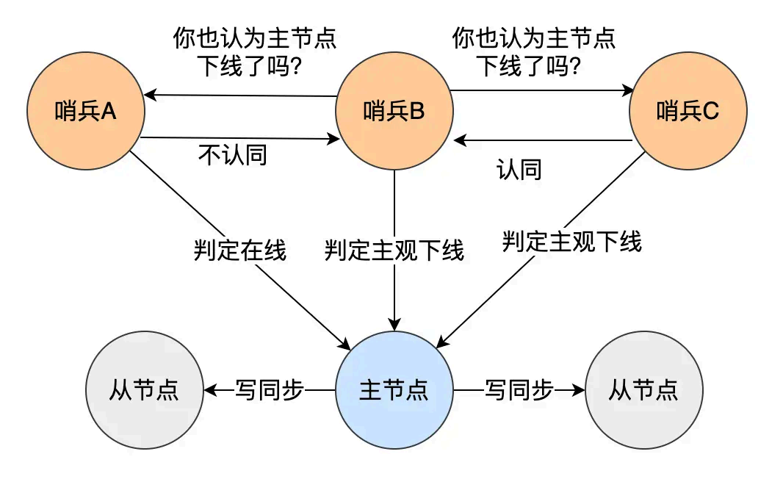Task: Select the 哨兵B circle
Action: [x=394, y=112]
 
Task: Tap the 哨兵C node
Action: [x=688, y=112]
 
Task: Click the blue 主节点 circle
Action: [x=394, y=390]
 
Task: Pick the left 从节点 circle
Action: [x=144, y=390]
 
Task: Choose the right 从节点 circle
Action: [x=643, y=390]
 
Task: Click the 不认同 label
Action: [x=232, y=155]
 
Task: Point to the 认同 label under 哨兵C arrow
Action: [x=519, y=170]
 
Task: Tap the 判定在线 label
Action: [x=239, y=251]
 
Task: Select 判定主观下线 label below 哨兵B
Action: [x=394, y=251]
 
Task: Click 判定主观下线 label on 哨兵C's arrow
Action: [x=571, y=241]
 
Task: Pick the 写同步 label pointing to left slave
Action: [x=269, y=390]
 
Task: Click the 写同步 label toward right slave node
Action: [x=519, y=390]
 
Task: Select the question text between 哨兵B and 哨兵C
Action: [x=533, y=51]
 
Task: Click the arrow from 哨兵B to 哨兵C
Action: [x=541, y=91]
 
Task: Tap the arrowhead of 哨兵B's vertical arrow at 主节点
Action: [x=395, y=325]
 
